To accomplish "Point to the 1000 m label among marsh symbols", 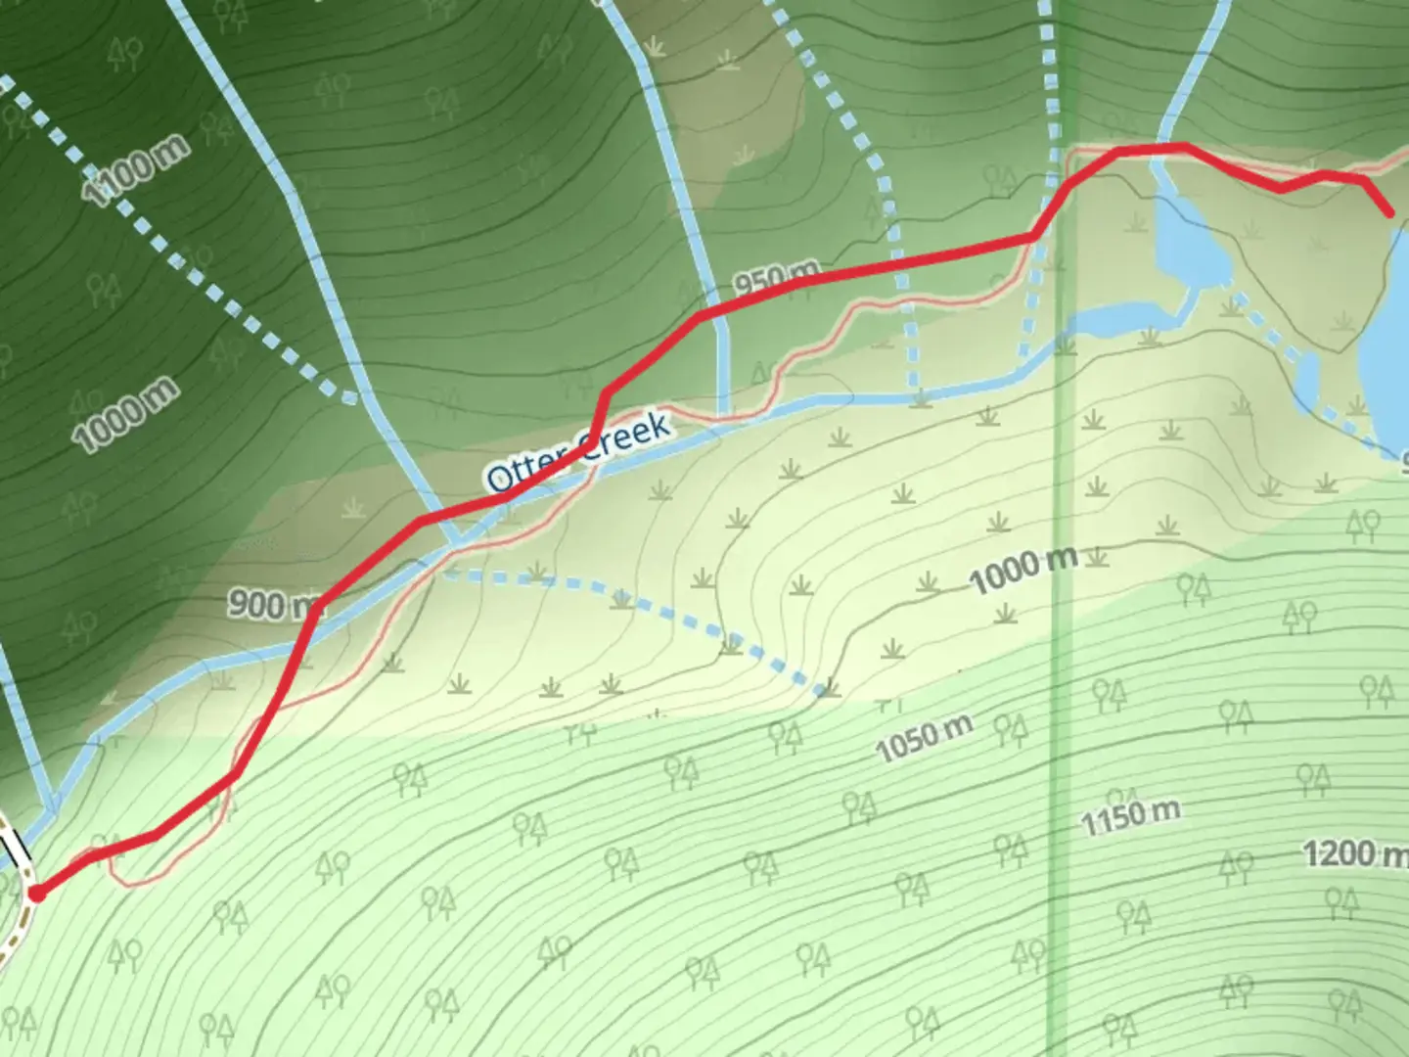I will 1023,569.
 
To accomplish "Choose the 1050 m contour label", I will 924,739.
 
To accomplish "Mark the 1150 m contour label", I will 1130,816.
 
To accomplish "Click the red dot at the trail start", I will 37,893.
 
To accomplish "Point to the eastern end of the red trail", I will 1389,212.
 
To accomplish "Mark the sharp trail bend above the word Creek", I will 606,394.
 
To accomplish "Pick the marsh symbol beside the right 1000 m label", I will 1098,558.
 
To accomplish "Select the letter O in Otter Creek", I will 500,477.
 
